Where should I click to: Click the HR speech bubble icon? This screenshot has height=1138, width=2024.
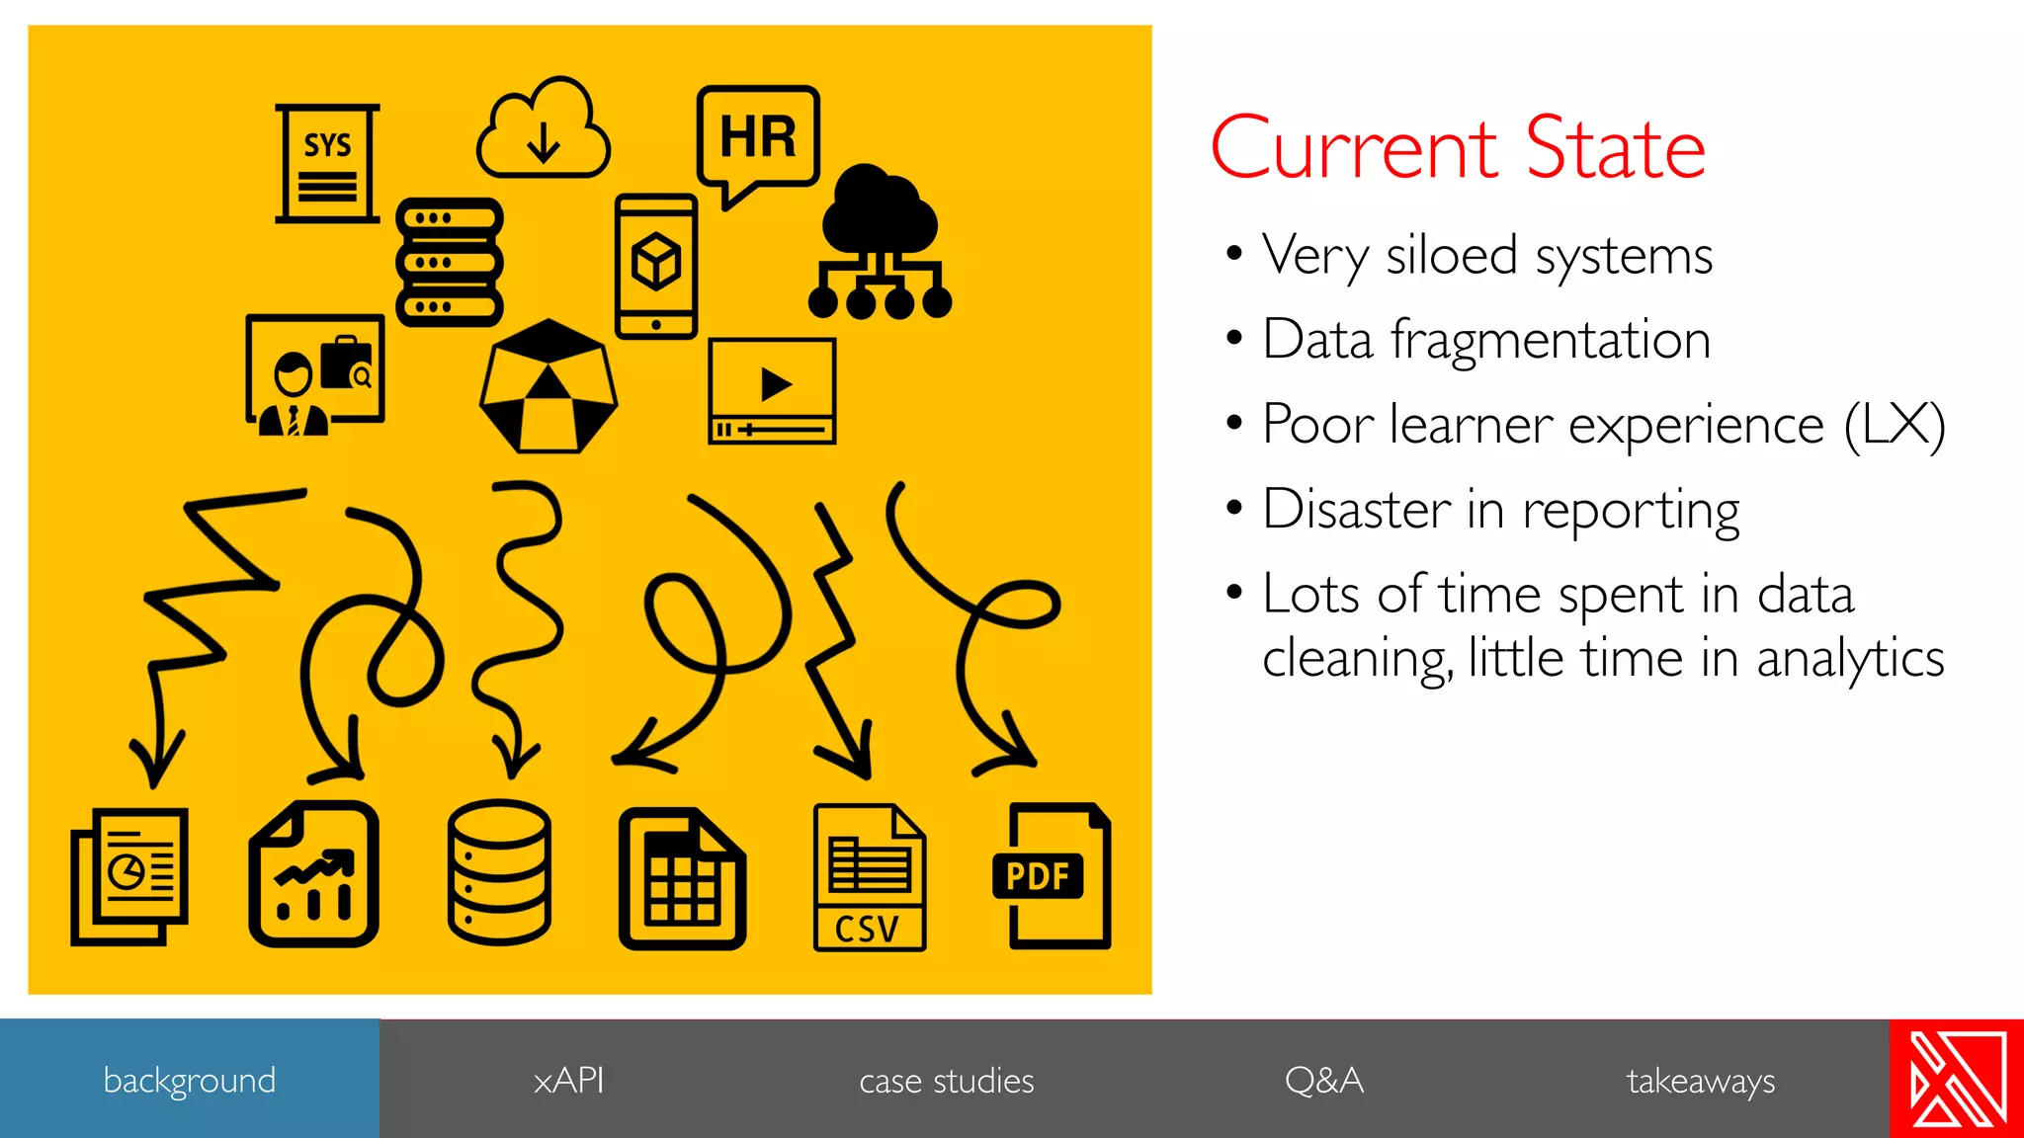758,138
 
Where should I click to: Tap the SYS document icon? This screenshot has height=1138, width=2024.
327,163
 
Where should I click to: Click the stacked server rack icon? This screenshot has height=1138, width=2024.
450,262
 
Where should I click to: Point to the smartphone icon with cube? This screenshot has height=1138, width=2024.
656,266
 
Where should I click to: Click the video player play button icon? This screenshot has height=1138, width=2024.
773,390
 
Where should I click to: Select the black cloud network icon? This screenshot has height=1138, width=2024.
880,242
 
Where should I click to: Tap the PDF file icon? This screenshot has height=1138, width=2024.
1052,876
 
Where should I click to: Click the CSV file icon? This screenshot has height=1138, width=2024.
869,877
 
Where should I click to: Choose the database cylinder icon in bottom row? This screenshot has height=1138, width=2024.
499,872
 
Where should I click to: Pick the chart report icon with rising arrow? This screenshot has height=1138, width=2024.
314,874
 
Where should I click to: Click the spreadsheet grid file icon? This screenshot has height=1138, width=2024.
682,878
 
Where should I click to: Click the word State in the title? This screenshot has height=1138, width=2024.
1615,149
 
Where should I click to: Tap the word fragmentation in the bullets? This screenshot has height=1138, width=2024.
1550,341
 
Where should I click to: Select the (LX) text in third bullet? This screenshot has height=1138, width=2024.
1895,426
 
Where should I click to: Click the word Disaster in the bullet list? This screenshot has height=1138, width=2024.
1356,511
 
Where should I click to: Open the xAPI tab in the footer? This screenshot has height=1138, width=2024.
568,1080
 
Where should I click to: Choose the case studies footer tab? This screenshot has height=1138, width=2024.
946,1080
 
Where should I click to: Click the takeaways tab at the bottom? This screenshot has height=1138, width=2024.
1700,1080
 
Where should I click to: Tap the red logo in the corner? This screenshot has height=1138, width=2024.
1957,1079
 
